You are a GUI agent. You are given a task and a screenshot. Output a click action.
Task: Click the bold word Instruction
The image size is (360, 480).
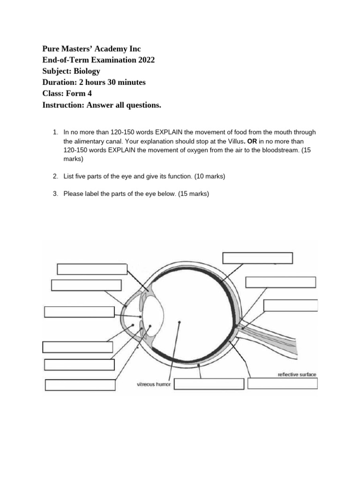coord(62,105)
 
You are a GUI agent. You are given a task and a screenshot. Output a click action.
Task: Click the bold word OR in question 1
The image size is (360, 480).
coord(251,141)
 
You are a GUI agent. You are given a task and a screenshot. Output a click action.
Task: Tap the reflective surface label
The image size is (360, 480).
coord(297,375)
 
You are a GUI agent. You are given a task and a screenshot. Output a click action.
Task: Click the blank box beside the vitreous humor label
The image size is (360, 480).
coord(209,384)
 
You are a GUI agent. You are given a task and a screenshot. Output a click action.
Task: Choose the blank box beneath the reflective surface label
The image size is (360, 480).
coord(282,383)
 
